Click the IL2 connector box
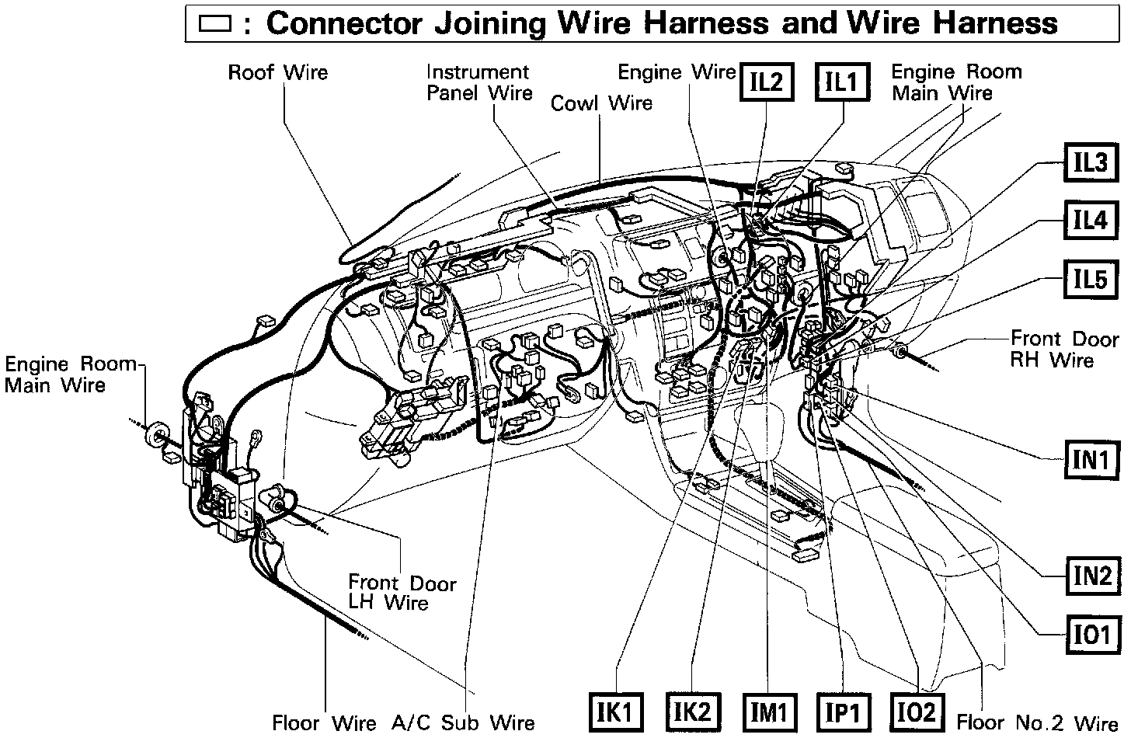766,81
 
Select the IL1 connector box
840,81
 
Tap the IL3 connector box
1090,163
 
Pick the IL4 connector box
1090,221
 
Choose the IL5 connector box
1090,279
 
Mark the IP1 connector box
842,711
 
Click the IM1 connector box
767,711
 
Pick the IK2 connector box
691,711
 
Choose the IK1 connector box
616,711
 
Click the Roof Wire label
277,72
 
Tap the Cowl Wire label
601,103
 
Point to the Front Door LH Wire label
402,592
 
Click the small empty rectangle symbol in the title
215,23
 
